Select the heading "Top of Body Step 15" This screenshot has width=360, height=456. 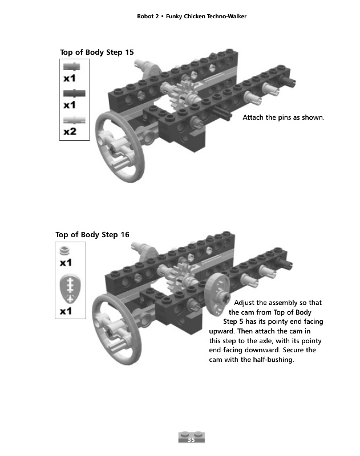(x=97, y=52)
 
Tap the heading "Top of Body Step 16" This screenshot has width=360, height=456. (x=92, y=234)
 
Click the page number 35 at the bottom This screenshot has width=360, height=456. (x=191, y=439)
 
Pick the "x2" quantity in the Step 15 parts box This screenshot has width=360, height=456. (x=70, y=132)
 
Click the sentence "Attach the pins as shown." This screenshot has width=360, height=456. (x=284, y=118)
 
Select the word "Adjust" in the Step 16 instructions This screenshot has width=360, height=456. (x=246, y=302)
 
